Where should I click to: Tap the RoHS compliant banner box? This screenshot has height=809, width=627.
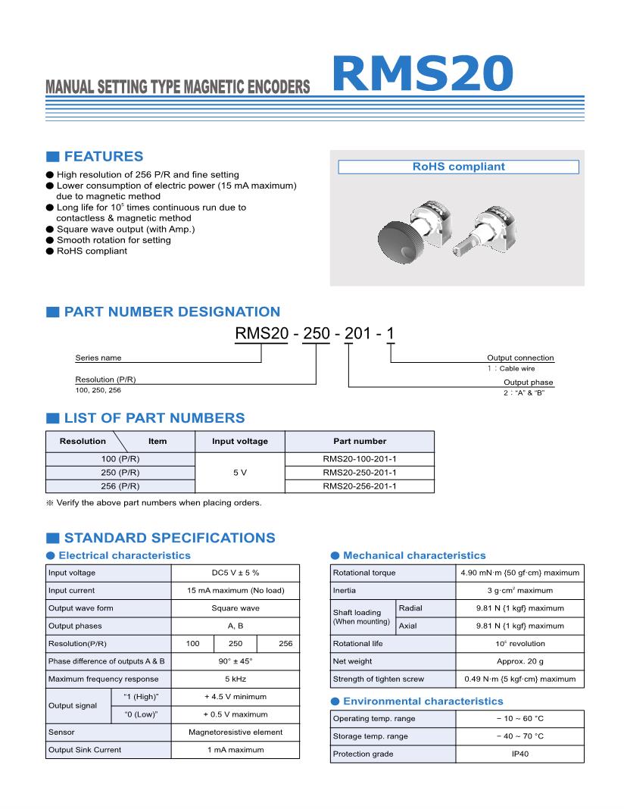(x=457, y=167)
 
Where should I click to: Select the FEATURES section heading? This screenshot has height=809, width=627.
(x=103, y=157)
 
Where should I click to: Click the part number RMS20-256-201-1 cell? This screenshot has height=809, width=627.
(x=359, y=486)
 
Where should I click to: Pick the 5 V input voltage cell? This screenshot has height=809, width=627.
(x=239, y=473)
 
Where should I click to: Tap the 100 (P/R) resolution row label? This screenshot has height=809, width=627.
(x=120, y=459)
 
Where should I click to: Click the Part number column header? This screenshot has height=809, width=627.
(x=359, y=441)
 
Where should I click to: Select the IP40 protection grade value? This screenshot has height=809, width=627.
(x=519, y=754)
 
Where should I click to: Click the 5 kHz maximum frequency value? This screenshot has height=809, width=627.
(x=235, y=679)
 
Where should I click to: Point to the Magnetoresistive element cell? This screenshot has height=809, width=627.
(x=235, y=732)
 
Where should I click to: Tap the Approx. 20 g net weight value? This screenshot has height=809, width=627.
(x=519, y=661)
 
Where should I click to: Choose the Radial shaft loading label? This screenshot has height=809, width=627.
(x=410, y=608)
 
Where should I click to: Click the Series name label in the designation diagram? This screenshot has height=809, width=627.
(x=98, y=358)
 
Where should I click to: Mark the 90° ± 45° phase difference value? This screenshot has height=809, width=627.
(x=235, y=661)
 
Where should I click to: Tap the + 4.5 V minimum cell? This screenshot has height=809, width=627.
(x=235, y=696)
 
